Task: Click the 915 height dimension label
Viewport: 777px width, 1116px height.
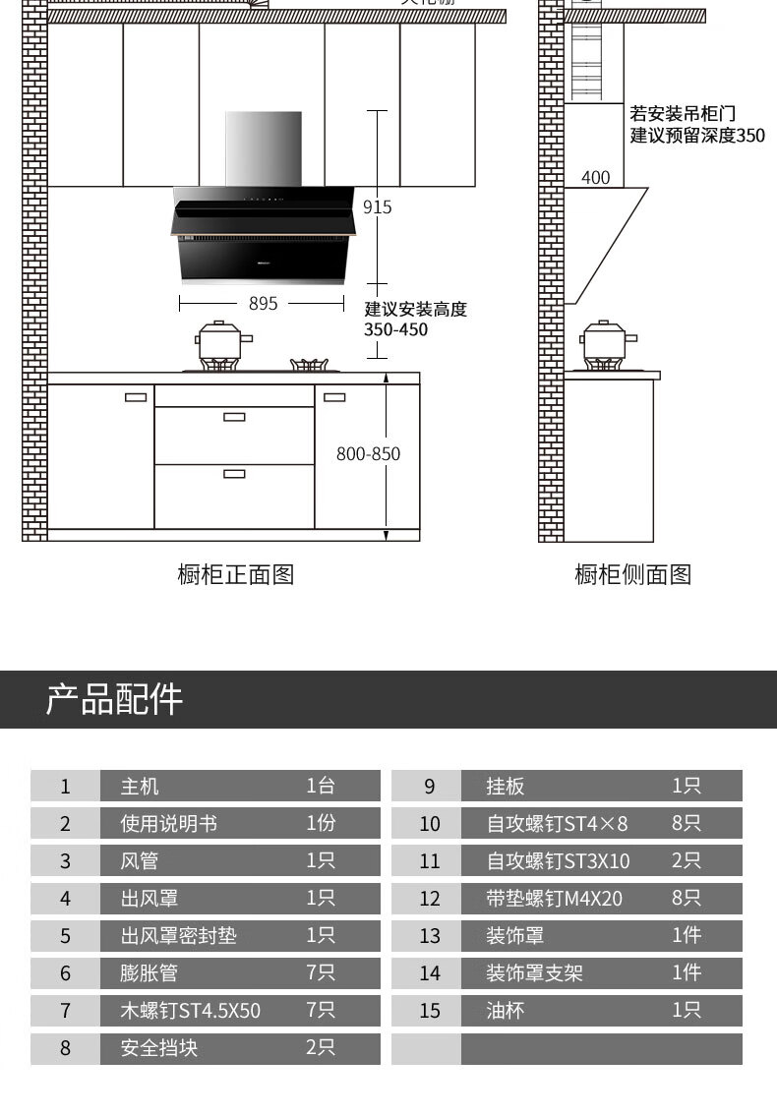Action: [377, 207]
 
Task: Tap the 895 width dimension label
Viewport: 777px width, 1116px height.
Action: [263, 304]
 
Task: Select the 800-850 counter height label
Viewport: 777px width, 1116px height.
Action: [369, 454]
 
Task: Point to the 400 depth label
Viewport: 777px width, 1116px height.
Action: [595, 178]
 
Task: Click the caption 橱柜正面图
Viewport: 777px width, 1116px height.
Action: [235, 574]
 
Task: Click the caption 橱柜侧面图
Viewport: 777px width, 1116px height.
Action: [632, 574]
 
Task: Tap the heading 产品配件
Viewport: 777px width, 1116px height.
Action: [114, 699]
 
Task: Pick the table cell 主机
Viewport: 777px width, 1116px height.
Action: [140, 787]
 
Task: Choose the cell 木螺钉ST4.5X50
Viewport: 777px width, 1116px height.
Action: [191, 1011]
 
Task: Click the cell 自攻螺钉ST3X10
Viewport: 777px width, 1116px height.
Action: [558, 861]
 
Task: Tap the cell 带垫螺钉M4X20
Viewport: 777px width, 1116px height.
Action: [554, 899]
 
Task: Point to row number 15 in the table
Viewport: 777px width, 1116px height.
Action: [430, 1011]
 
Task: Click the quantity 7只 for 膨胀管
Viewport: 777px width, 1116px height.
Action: [321, 973]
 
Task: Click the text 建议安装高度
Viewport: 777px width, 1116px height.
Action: [415, 310]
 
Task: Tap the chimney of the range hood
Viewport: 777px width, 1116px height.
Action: [264, 147]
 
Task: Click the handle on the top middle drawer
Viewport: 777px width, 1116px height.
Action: [234, 417]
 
